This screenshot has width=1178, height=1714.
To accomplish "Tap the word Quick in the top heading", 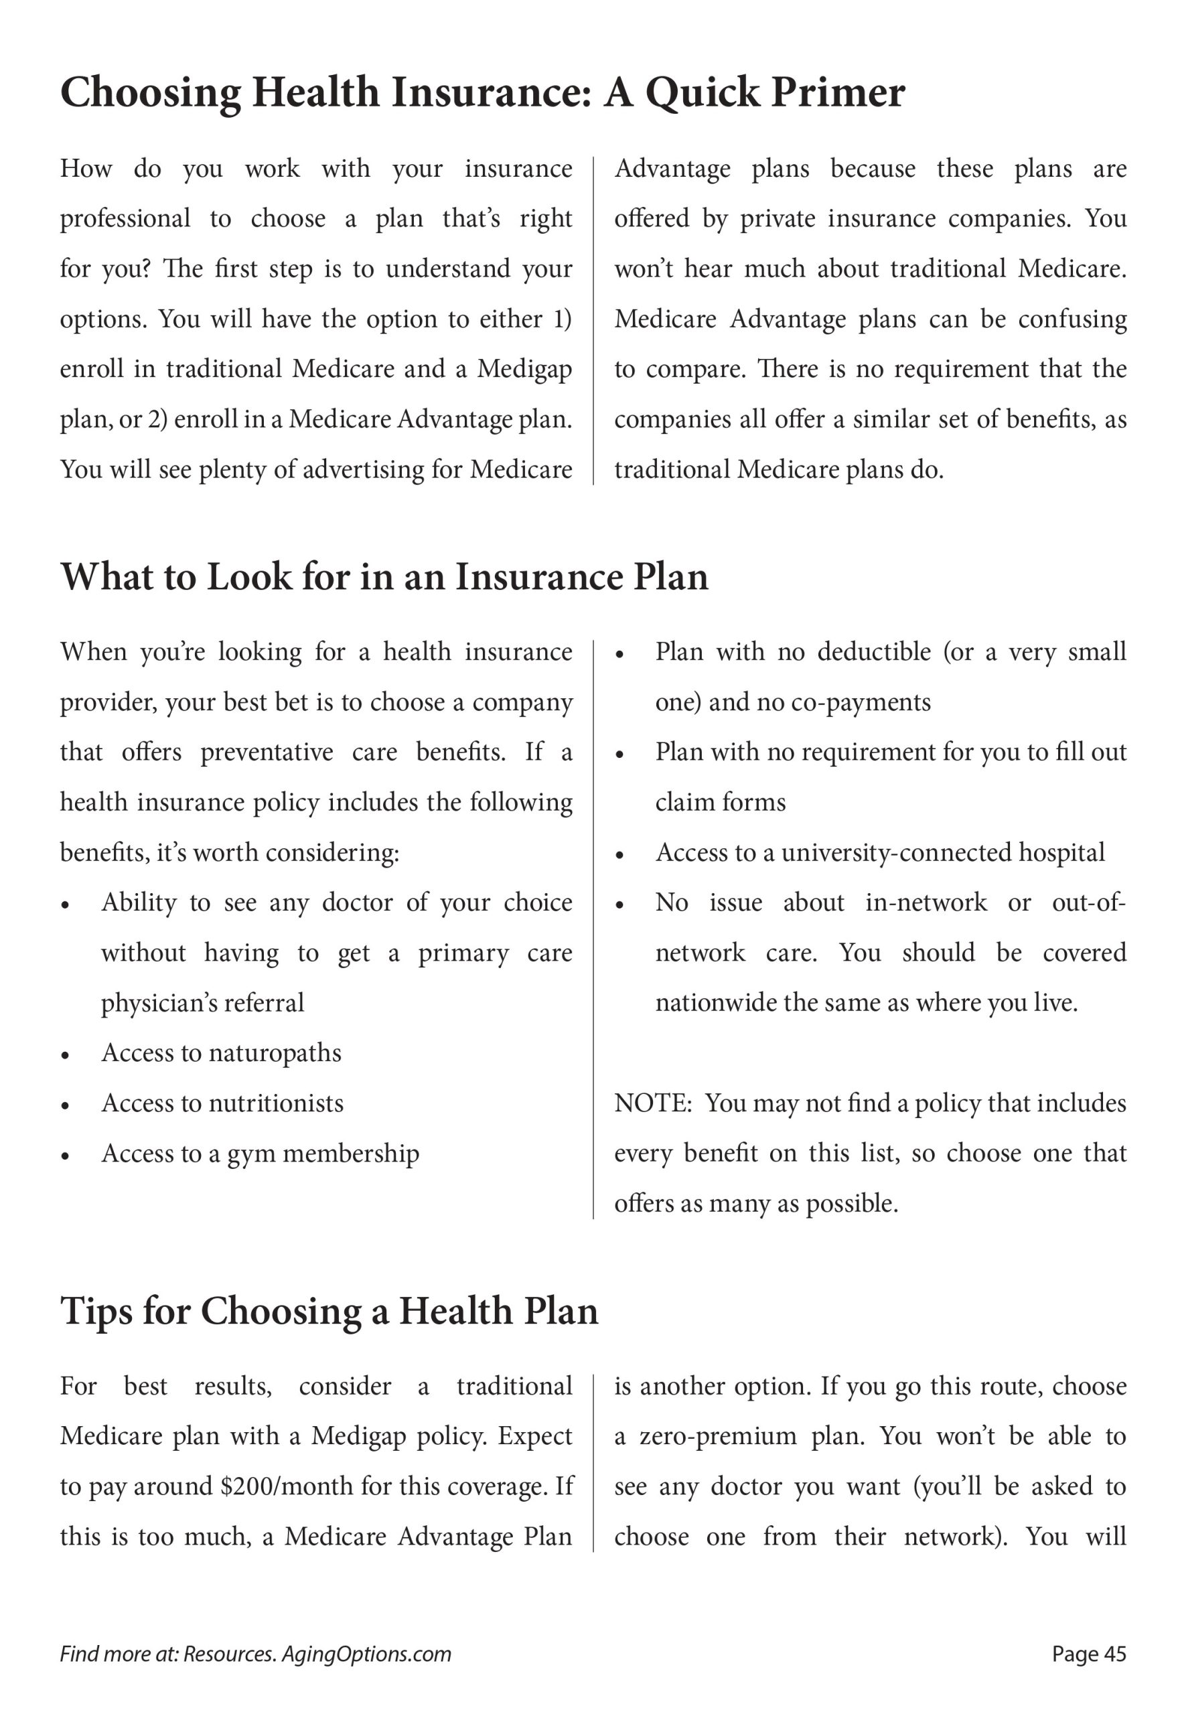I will click(702, 94).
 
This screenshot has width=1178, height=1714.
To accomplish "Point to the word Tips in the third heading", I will click(95, 1311).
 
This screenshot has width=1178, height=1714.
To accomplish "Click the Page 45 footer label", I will click(1089, 1654).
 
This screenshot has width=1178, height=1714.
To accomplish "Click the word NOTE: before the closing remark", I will click(653, 1103).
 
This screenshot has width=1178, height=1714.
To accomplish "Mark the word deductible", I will click(874, 651).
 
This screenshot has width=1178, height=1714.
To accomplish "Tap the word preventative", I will click(267, 752).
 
